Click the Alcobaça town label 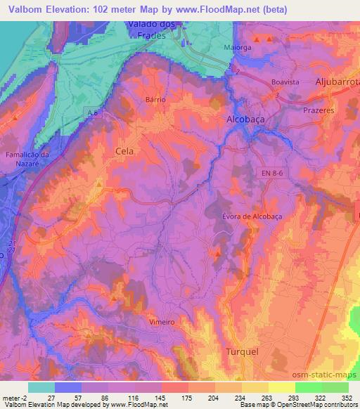pos(245,119)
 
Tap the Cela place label pos(124,150)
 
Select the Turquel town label pos(242,351)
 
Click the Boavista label pos(285,82)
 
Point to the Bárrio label pos(155,100)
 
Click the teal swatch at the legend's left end pos(41,387)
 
